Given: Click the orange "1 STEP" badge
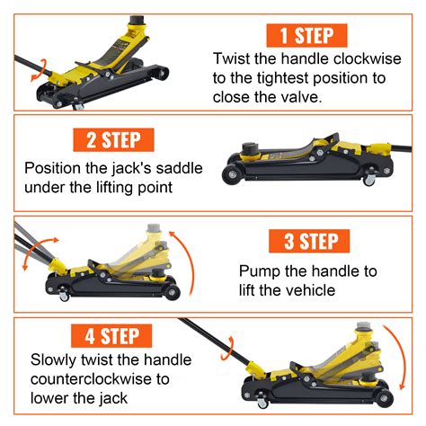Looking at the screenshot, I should [307, 35].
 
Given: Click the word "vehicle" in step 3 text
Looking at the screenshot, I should [304, 289].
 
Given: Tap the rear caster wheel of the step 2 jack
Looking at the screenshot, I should [368, 181].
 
